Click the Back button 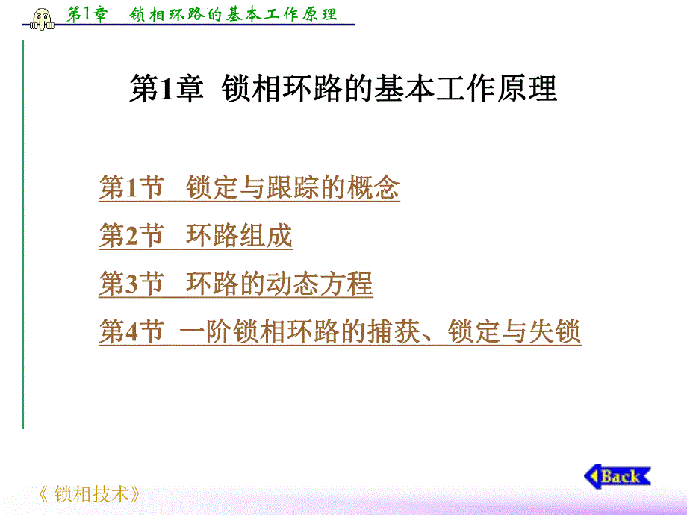coord(618,476)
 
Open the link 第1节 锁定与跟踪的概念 coord(249,188)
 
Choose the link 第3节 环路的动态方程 coord(235,284)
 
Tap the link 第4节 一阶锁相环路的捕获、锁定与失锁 coord(340,331)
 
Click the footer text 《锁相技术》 coord(89,494)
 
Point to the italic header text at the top coord(202,14)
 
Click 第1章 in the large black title coord(166,90)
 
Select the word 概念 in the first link coord(373,188)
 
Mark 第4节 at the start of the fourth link coord(131,331)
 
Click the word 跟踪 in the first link coord(293,188)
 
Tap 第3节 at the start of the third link coord(131,284)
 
